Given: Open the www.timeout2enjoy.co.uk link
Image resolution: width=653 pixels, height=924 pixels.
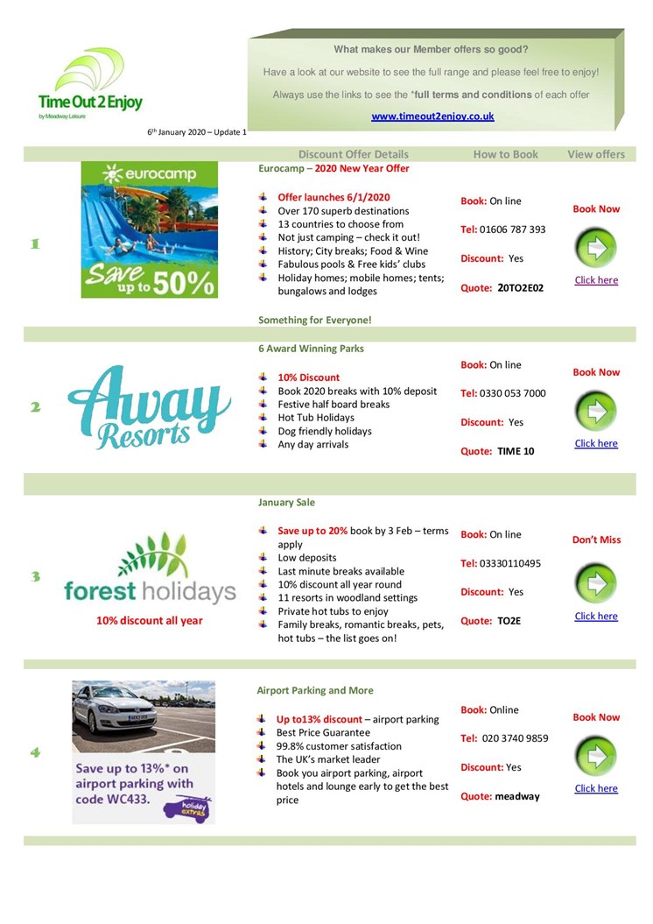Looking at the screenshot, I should click(x=432, y=116).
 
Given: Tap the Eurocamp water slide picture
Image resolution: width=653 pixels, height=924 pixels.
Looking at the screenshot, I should click(x=149, y=229).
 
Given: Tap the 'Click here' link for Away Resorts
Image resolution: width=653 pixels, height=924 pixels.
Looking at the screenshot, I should click(x=596, y=443).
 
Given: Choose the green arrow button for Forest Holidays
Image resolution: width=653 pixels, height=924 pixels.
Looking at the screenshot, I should click(x=596, y=583).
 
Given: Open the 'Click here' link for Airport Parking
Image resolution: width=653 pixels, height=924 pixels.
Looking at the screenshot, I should click(x=596, y=788).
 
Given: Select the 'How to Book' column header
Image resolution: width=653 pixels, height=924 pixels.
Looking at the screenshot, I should click(x=506, y=154).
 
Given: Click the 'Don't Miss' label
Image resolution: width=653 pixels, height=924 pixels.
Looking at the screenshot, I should click(x=596, y=540).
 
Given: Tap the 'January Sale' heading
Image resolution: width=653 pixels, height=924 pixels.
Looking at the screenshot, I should click(x=286, y=503).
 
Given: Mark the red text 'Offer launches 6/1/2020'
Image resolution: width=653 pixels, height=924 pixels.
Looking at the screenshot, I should click(x=334, y=197).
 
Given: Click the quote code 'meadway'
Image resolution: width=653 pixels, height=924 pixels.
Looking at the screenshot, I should click(x=517, y=796).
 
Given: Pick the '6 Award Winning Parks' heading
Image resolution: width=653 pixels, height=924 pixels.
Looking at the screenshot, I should click(x=311, y=349).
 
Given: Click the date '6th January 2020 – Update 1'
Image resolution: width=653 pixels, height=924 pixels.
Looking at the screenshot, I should click(x=197, y=132).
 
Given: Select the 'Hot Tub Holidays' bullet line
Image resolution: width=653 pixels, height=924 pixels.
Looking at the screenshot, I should click(x=316, y=418).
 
